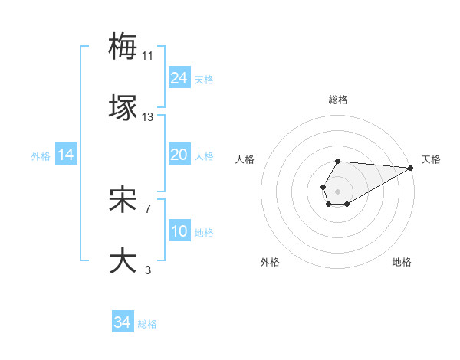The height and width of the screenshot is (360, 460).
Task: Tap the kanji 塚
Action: click(x=123, y=107)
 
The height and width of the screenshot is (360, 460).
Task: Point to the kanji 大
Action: click(x=123, y=260)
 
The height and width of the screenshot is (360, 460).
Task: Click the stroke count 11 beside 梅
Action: click(x=148, y=56)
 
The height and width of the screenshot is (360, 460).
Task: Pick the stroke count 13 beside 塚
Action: click(x=148, y=117)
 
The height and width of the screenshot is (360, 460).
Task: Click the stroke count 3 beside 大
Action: click(x=147, y=270)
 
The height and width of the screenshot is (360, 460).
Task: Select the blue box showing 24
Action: click(x=179, y=78)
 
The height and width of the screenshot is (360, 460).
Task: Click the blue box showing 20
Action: click(x=179, y=155)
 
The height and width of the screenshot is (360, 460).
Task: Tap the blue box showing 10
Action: click(x=179, y=231)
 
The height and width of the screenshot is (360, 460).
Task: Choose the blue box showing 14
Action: click(x=66, y=155)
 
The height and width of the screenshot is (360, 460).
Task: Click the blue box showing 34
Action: click(x=123, y=322)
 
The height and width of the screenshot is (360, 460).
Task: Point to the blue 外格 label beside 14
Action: click(x=41, y=156)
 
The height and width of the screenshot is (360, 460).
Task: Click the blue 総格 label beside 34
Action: click(x=147, y=324)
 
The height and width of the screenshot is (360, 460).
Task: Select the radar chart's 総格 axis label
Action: click(x=338, y=100)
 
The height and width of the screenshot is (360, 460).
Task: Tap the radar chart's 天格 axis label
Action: click(x=432, y=159)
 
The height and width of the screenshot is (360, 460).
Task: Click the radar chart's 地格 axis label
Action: click(x=402, y=262)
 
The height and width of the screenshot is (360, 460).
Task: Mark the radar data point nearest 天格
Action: click(x=411, y=169)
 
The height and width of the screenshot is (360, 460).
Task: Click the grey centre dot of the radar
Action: click(x=337, y=190)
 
